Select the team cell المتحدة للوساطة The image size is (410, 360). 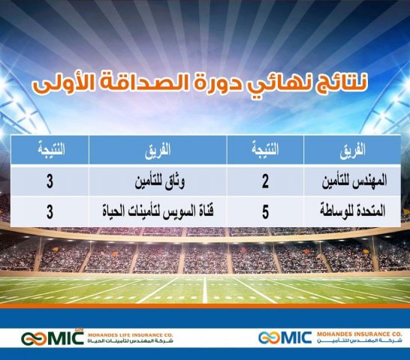click(351, 212)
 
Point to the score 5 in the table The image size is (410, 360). click(266, 212)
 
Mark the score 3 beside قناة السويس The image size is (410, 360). click(50, 212)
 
